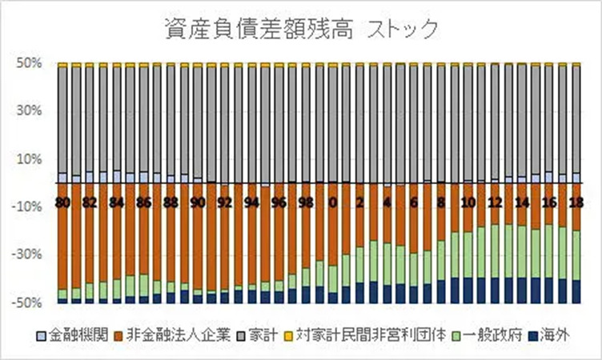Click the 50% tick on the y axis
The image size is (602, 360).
pyautogui.click(x=29, y=62)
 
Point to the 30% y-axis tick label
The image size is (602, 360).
pyautogui.click(x=29, y=110)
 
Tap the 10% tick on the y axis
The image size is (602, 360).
pyautogui.click(x=29, y=158)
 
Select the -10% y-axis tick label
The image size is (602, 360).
pyautogui.click(x=27, y=206)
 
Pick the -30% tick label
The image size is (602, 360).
pyautogui.click(x=27, y=255)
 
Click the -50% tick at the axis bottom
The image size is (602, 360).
pyautogui.click(x=27, y=303)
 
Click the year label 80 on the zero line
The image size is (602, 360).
pyautogui.click(x=62, y=202)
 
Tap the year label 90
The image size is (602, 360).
pyautogui.click(x=197, y=202)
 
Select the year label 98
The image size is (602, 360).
pyautogui.click(x=305, y=202)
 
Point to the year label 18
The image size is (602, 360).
pyautogui.click(x=575, y=202)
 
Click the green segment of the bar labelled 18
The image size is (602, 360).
pyautogui.click(x=575, y=254)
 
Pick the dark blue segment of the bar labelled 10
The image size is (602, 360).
pyautogui.click(x=467, y=290)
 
